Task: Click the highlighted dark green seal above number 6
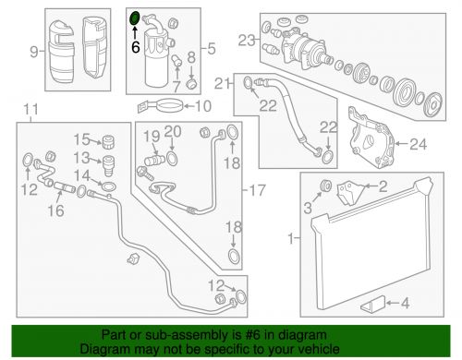[135, 18]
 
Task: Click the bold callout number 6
[136, 47]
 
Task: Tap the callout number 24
[418, 144]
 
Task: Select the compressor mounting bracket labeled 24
[371, 138]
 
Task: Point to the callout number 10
[203, 106]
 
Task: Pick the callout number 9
[34, 52]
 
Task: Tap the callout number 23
[247, 41]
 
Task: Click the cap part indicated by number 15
[108, 142]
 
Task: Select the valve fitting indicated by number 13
[108, 165]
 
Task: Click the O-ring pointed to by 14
[108, 186]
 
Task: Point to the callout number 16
[55, 210]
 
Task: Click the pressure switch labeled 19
[155, 161]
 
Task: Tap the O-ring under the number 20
[172, 159]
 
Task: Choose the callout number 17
[257, 190]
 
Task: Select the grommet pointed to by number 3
[326, 186]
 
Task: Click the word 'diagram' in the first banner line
[301, 335]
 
